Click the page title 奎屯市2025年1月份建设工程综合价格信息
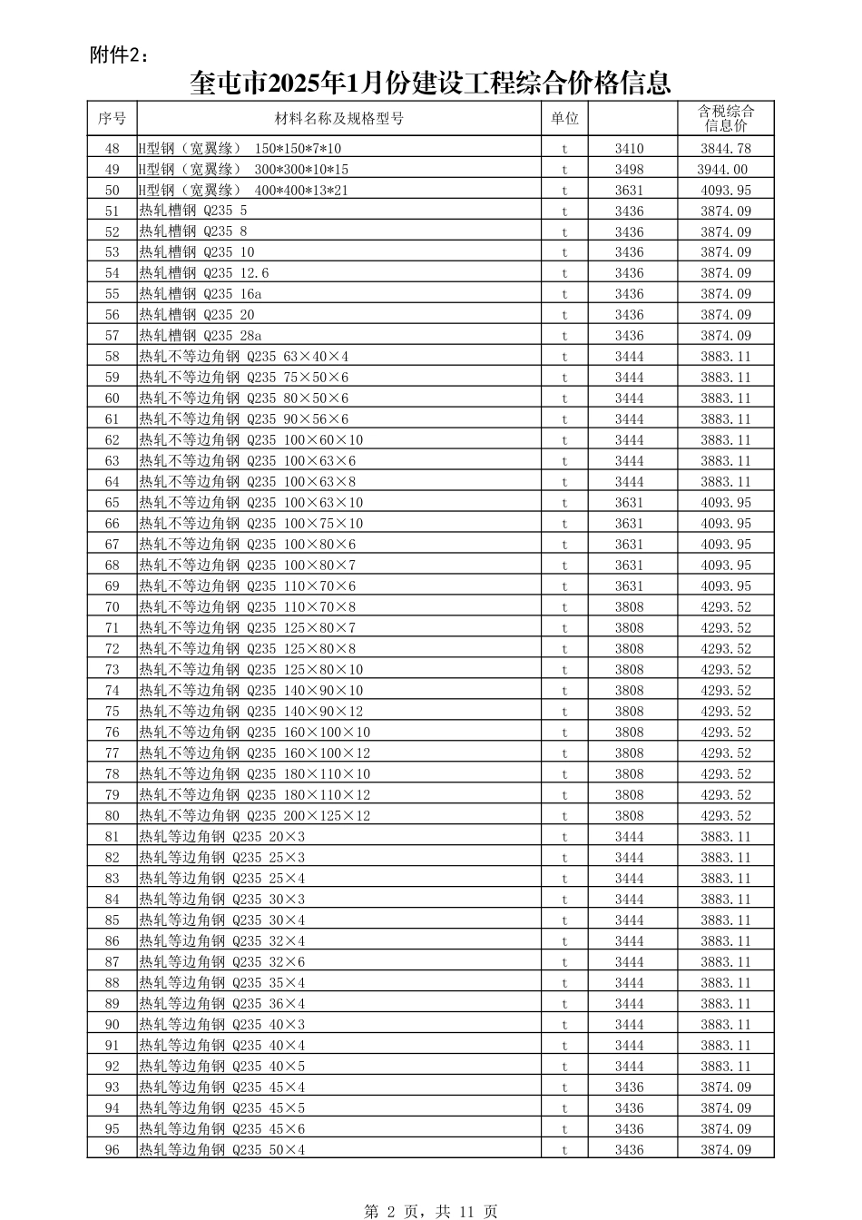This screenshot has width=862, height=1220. (x=430, y=84)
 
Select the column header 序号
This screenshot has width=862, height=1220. (x=112, y=118)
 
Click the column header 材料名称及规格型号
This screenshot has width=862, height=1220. (x=339, y=118)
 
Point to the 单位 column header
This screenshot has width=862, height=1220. (x=563, y=118)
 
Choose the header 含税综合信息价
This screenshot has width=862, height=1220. (x=725, y=118)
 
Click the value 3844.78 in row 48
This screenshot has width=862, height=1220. (x=725, y=149)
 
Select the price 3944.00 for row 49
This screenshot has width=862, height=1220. (x=722, y=170)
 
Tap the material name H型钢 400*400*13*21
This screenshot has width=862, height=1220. (x=243, y=191)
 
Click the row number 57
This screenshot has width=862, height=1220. (x=112, y=336)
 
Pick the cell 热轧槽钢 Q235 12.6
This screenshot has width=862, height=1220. (x=204, y=273)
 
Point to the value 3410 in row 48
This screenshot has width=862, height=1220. (x=629, y=149)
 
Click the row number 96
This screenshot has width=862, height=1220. (x=112, y=1150)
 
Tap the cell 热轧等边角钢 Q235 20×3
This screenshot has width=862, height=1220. (x=222, y=837)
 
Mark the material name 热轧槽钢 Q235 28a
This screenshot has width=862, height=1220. (x=201, y=336)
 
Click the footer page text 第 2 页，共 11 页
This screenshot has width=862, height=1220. (x=430, y=1211)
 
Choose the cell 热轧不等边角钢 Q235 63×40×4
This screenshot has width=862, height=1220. (x=244, y=357)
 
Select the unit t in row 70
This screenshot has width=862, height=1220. (x=563, y=607)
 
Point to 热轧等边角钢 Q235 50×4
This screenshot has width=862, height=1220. (x=222, y=1150)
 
